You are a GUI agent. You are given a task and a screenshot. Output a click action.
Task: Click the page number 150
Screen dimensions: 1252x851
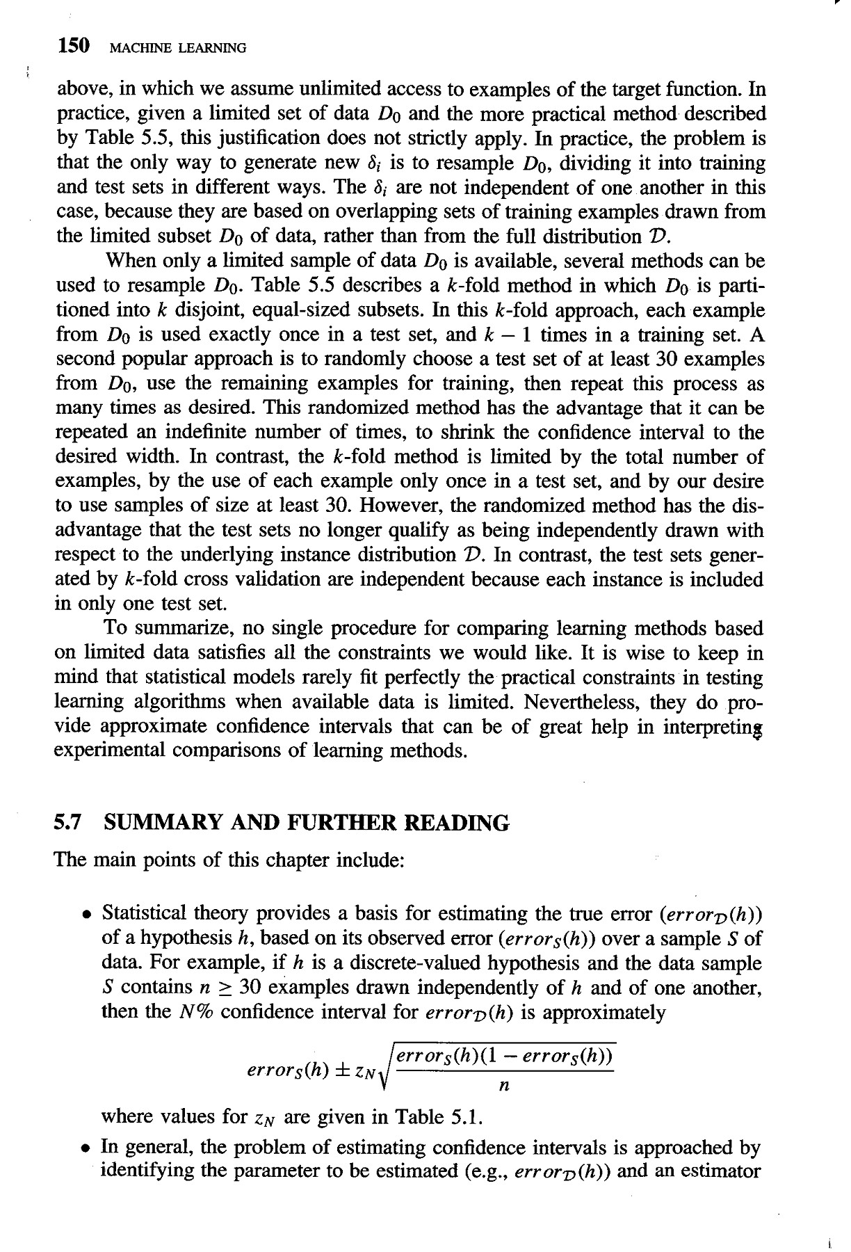click(73, 47)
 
